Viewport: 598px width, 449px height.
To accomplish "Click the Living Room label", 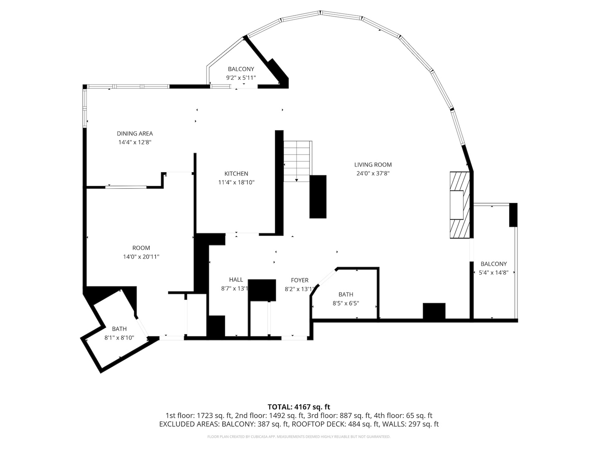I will tap(373, 165).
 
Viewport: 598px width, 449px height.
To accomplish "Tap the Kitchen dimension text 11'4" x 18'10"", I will tap(236, 182).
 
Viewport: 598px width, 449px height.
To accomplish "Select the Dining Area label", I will tap(135, 133).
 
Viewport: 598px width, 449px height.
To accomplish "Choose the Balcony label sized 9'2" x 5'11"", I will tap(241, 69).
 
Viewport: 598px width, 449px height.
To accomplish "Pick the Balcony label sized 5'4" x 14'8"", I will tap(493, 264).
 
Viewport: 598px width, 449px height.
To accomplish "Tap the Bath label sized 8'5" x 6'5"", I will tap(346, 294).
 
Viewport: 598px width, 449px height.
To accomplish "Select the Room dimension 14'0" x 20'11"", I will tap(141, 257).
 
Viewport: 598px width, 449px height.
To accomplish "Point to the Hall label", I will tap(236, 280).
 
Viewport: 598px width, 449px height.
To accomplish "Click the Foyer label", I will tap(299, 280).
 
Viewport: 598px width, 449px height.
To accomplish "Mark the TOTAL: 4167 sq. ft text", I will tap(299, 407).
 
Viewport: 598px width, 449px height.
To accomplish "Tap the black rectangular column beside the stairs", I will tap(318, 196).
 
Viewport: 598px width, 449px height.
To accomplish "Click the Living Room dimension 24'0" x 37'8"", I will tap(373, 173).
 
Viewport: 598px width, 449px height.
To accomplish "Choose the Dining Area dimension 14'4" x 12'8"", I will tap(135, 142).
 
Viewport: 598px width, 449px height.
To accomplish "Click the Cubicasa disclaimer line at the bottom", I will tap(299, 437).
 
